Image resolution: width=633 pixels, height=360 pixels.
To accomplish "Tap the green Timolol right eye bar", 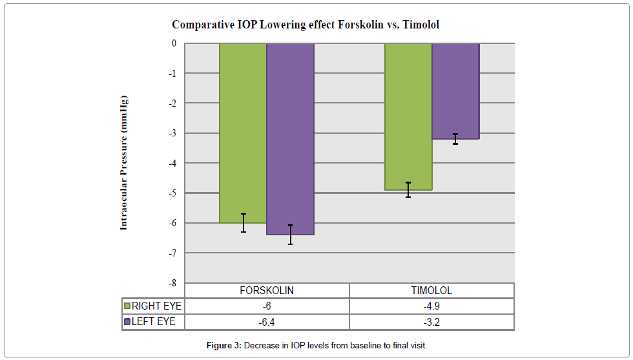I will pos(408,116).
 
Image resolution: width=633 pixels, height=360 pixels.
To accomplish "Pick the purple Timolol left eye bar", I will pos(455,90).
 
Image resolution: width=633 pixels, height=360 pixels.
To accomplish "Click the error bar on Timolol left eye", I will pos(455,138).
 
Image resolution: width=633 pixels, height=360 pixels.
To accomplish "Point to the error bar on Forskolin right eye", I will pos(243,223).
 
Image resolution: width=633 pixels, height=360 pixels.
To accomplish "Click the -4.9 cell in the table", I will pos(431,306).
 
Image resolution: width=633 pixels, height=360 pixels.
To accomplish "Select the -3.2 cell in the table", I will pos(431,322).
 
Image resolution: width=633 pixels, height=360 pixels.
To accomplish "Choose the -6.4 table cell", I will pos(267,322).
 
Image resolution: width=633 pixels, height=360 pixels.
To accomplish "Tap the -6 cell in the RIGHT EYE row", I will pos(267,306).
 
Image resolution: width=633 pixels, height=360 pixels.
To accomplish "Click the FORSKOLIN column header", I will pos(267,291).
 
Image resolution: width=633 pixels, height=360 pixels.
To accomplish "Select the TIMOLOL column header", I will pos(431,291).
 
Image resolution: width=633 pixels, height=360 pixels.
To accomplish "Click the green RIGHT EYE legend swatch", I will pos(127,306).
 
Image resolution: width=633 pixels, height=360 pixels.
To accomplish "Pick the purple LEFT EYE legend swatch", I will pos(127,322).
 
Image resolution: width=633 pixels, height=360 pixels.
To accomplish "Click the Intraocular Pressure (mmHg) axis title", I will pos(124,163).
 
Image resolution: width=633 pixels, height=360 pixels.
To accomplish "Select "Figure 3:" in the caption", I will pos(224,346).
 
